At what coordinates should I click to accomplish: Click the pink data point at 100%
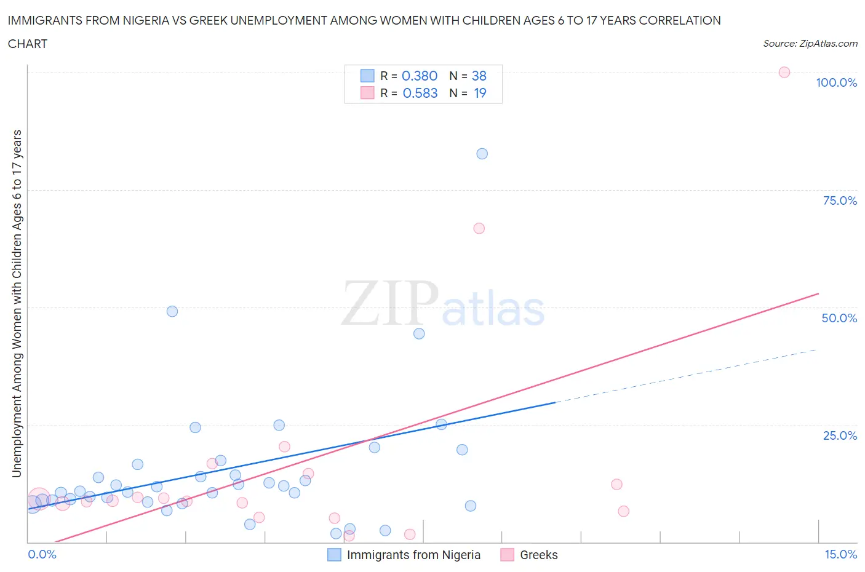coord(784,72)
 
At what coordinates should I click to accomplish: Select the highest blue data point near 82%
coord(482,154)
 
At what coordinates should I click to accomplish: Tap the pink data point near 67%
coord(479,228)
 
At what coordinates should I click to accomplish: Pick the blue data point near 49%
coord(172,311)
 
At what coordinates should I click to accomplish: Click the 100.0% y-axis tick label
coord(836,83)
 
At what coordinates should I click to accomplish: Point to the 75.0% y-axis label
coord(840,201)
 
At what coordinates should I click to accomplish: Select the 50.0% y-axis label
coord(839,318)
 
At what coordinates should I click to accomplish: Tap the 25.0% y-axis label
coord(840,435)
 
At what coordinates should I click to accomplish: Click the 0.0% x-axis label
coord(42,554)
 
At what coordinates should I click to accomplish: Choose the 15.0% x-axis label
coord(840,554)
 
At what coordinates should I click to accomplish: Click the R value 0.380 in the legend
coord(419,76)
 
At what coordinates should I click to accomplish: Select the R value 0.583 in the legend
coord(420,93)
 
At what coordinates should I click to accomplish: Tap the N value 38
coord(479,76)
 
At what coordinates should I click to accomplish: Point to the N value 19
coord(480,93)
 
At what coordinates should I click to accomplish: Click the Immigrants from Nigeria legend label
coord(413,555)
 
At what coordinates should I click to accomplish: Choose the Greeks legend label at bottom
coord(538,555)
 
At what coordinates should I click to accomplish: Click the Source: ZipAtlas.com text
coord(810,44)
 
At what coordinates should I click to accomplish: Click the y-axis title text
coord(17,303)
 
